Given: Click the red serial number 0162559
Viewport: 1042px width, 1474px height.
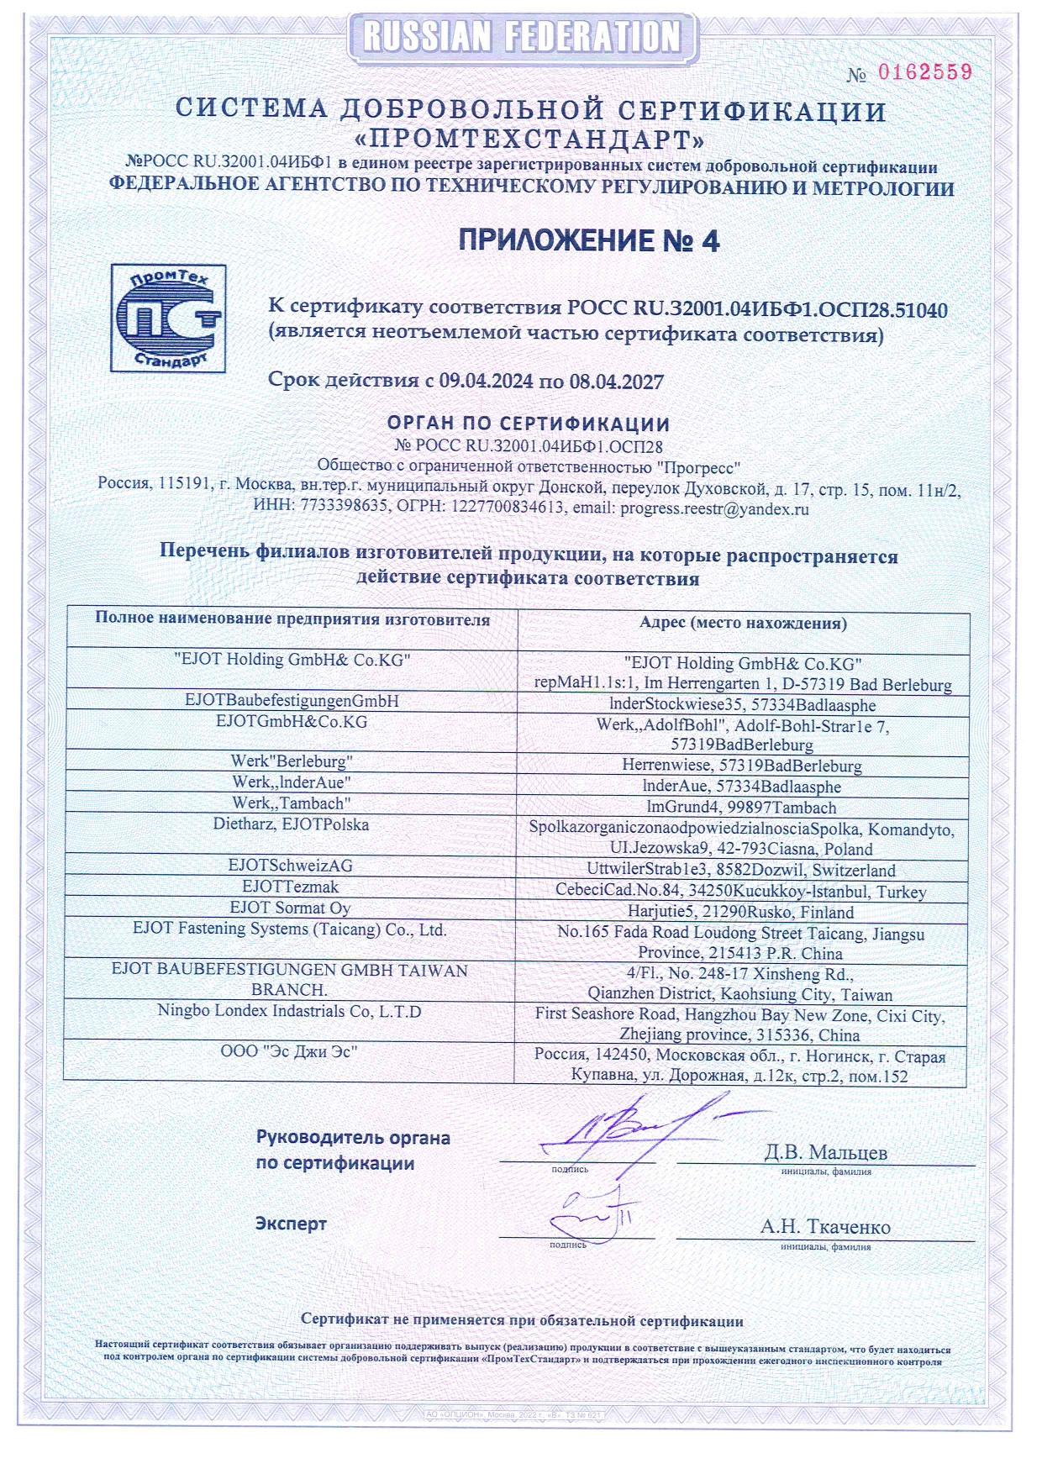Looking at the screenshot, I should click(924, 72).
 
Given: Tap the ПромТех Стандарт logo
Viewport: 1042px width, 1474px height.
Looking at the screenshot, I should click(169, 318).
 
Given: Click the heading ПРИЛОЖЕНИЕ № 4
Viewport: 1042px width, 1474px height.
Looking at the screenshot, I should click(588, 241).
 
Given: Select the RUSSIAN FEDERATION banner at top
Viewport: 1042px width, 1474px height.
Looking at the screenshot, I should click(521, 37).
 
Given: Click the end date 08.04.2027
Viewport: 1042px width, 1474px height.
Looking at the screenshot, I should click(616, 381).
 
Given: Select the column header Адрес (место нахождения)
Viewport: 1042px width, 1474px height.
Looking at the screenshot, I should click(742, 624).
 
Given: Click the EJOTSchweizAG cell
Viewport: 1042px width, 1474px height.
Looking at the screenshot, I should click(291, 865).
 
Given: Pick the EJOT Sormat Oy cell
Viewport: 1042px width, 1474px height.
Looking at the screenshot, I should click(291, 908).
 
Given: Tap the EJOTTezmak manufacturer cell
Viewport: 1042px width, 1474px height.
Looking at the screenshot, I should click(291, 887).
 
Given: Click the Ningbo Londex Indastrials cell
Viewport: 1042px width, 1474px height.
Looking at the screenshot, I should click(290, 1011).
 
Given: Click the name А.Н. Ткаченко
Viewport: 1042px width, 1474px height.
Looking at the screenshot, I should click(825, 1226).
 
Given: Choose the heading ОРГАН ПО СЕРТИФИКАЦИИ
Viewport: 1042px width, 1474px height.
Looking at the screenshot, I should click(529, 423).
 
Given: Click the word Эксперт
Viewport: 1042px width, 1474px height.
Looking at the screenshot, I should click(291, 1224).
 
